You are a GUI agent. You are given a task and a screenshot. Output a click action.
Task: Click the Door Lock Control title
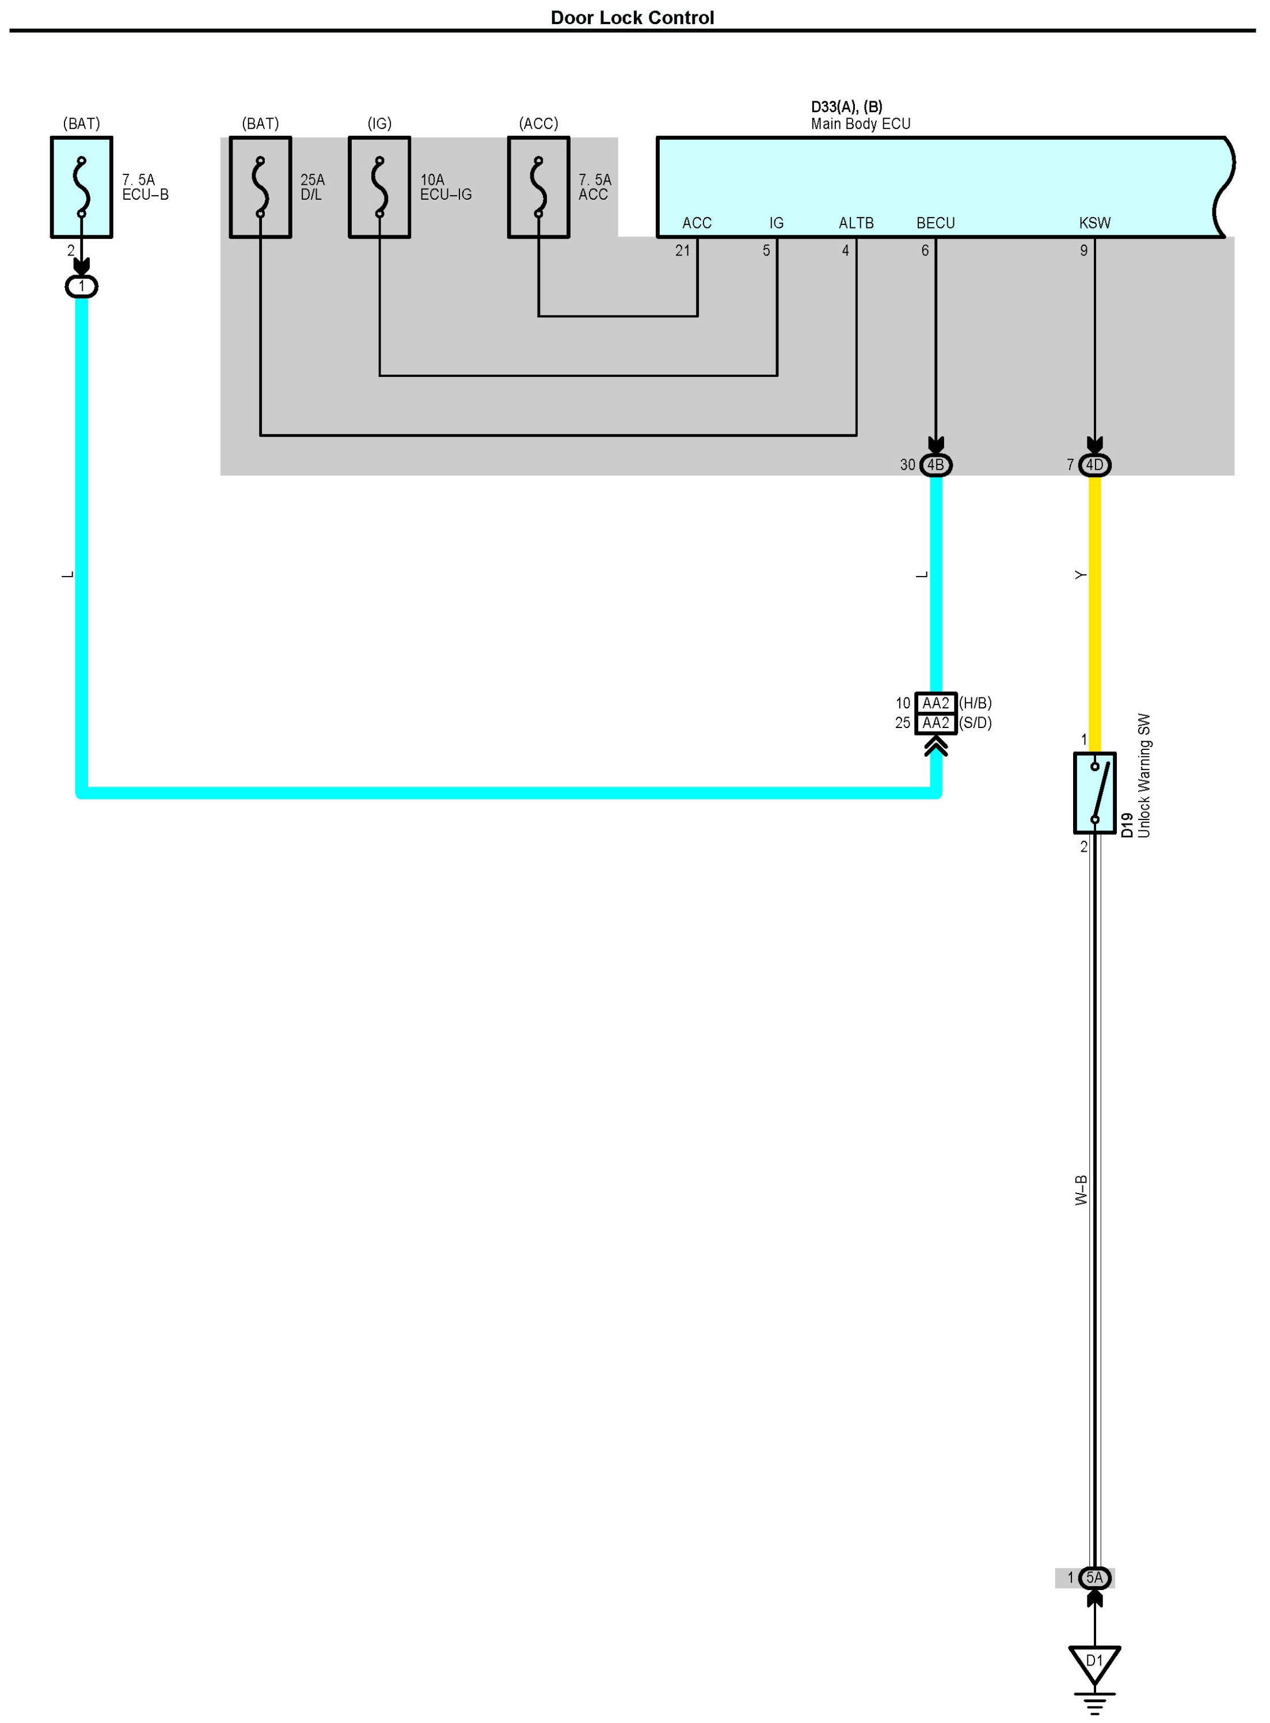(x=632, y=18)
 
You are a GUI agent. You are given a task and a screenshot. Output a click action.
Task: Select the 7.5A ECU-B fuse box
(x=82, y=188)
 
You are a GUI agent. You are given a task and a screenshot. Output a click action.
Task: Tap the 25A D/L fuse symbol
(x=261, y=188)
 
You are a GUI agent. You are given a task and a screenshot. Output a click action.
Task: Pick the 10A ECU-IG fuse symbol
(x=380, y=188)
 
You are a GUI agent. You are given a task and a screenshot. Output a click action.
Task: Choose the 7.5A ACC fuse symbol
(x=539, y=188)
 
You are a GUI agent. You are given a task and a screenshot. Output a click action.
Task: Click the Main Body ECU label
(x=860, y=124)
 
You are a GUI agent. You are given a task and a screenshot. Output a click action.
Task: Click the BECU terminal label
(x=936, y=223)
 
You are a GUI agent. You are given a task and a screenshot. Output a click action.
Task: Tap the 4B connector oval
(x=936, y=465)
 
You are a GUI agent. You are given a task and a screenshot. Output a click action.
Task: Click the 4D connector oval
(x=1095, y=465)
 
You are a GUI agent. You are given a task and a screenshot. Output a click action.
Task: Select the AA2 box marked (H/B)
(x=936, y=703)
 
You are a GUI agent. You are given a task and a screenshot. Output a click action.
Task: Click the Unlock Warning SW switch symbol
(x=1095, y=793)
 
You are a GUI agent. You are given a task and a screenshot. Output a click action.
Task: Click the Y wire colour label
(x=1080, y=575)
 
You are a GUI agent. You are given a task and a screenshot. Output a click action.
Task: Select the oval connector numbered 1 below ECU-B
(x=82, y=287)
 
